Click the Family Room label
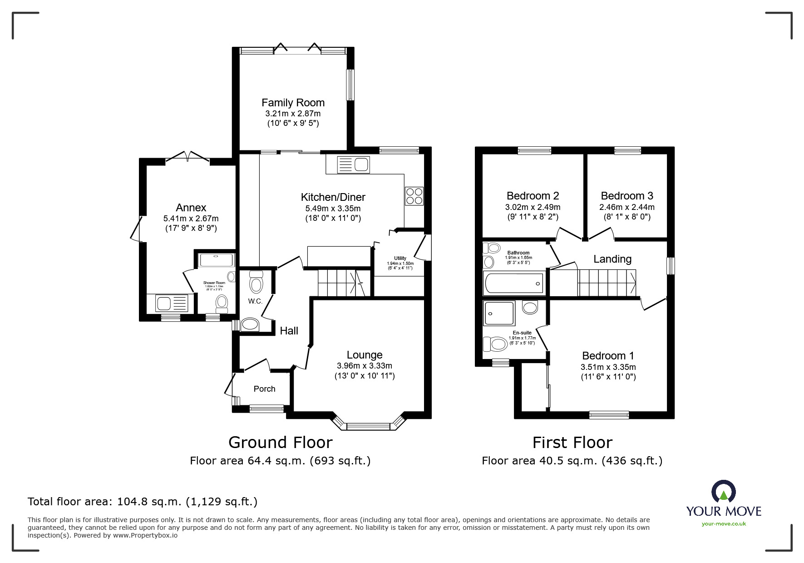point(293,103)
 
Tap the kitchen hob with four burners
point(414,196)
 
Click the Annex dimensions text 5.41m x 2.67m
point(191,219)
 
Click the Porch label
point(264,389)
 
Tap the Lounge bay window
point(368,426)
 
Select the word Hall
point(289,331)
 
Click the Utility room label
point(400,258)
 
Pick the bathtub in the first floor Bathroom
point(514,283)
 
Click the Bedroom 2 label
point(533,196)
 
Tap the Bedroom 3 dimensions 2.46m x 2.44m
point(626,207)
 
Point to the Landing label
point(612,259)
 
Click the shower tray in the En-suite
point(499,313)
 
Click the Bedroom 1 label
point(608,356)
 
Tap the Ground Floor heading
point(280,442)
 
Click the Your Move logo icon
point(723,492)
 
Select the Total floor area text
point(143,502)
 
